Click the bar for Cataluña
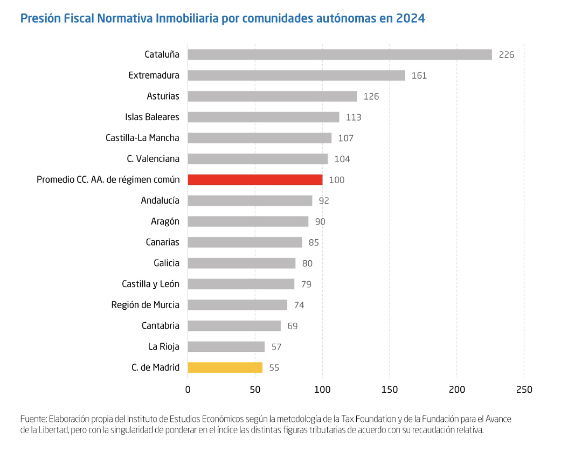point(340,54)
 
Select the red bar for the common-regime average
point(255,179)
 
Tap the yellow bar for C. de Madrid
point(225,367)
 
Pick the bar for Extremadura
point(296,75)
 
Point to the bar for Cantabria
point(234,326)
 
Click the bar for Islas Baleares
point(263,117)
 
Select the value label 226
point(507,55)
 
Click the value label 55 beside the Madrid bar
point(274,368)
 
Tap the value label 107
point(345,138)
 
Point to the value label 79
point(306,284)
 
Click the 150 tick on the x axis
point(390,390)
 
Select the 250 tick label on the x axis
point(524,390)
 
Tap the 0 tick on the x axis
point(188,390)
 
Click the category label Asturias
point(163,96)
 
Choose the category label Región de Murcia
point(145,305)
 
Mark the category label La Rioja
point(164,347)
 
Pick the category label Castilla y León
point(150,284)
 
